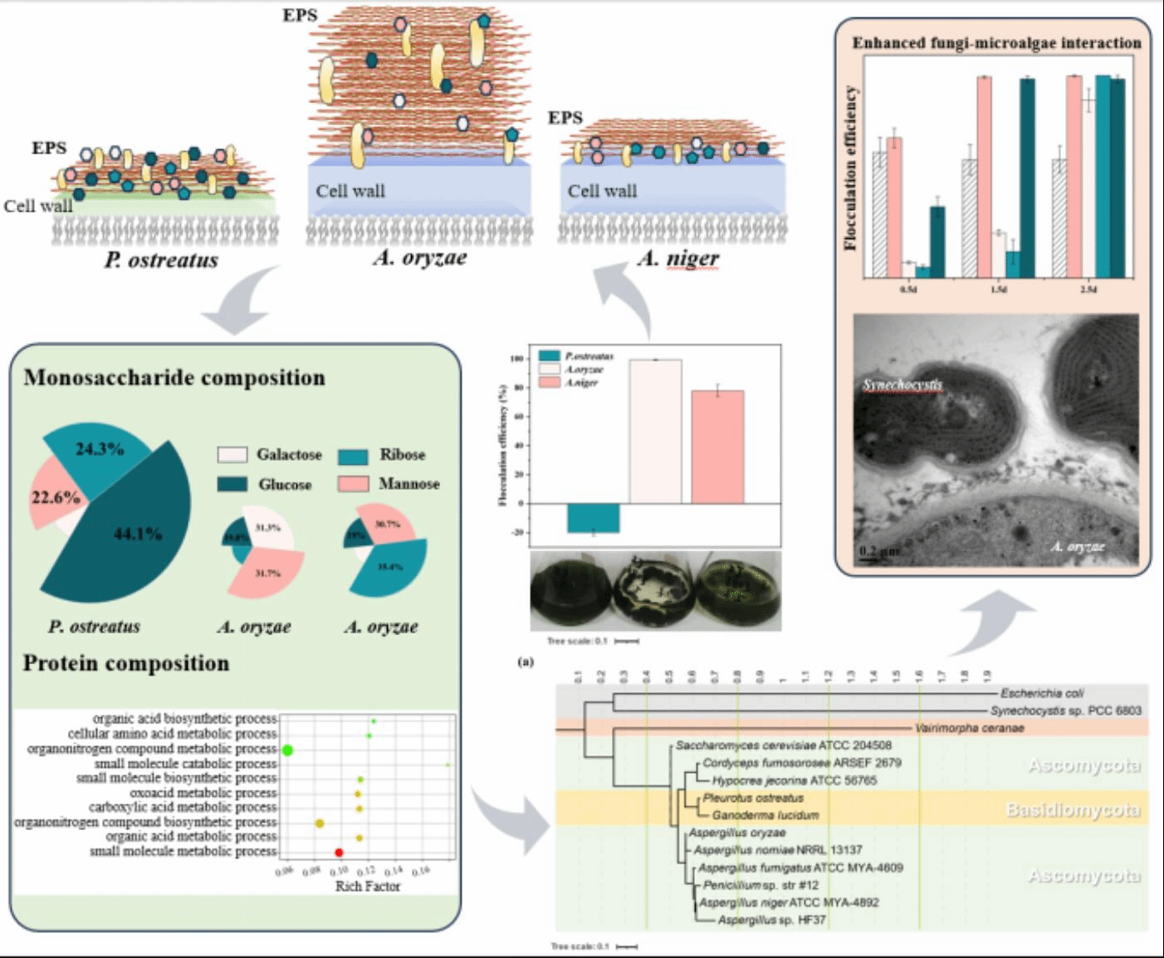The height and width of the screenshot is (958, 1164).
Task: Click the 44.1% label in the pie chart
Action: [x=138, y=534]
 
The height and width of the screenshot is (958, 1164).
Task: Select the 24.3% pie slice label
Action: [x=100, y=449]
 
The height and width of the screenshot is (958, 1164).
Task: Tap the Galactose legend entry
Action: [x=288, y=455]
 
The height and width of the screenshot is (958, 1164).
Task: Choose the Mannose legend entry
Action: [x=408, y=483]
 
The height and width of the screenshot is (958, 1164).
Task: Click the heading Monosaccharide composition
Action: [x=174, y=378]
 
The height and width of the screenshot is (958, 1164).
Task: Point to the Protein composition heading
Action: [x=126, y=663]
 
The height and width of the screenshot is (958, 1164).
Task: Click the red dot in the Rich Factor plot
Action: [x=339, y=853]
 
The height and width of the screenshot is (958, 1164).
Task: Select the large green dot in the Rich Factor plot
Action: [x=288, y=750]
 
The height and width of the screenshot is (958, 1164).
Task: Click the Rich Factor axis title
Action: [x=367, y=886]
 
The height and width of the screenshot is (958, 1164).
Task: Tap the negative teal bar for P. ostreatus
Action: [x=593, y=518]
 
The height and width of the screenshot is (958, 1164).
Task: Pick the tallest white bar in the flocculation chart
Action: [x=655, y=431]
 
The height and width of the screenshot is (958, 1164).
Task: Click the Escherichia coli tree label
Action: [x=1042, y=693]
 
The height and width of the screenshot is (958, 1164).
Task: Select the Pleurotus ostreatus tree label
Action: [x=753, y=798]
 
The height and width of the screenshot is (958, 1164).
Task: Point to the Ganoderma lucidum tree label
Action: [x=765, y=815]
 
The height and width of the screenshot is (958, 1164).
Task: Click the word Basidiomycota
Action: [x=1073, y=809]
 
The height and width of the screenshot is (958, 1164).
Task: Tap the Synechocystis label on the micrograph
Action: [x=902, y=384]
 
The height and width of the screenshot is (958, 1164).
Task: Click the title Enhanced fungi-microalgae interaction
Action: [x=996, y=43]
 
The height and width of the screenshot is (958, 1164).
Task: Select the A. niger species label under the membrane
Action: [x=677, y=259]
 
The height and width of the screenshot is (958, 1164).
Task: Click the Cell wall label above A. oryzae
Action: [x=350, y=191]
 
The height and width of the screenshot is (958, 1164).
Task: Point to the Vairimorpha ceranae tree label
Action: [x=969, y=728]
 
